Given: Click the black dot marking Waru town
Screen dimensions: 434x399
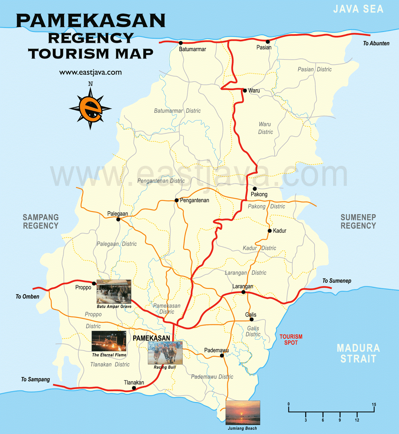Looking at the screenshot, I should pos(245,91).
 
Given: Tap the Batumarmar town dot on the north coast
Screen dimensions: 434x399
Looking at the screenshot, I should pos(181,43).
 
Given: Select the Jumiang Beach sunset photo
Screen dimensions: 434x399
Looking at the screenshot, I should pos(243,412).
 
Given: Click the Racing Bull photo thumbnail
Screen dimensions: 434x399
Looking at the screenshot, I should pos(165,353).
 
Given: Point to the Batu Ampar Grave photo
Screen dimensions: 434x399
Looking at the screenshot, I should pos(114,292).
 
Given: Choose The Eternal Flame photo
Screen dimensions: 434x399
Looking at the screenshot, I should pos(109,341).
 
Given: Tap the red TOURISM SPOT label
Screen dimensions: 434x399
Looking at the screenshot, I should pos(291,340).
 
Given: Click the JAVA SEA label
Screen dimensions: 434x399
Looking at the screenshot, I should pos(358,9).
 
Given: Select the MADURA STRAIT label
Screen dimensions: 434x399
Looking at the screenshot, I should pos(358,353).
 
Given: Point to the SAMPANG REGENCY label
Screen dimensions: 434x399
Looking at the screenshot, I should pos(41,221).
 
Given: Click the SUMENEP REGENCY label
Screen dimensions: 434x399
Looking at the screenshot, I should pos(358,221).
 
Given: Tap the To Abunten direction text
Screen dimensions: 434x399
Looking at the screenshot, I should pos(376,43).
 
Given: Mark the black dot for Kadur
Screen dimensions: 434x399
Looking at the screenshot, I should pos(270,231).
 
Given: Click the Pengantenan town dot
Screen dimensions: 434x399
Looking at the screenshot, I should pos(177,200).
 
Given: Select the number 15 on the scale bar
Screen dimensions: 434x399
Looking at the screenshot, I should pos(374,404).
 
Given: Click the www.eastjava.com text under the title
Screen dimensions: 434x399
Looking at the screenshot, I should pos(90,72).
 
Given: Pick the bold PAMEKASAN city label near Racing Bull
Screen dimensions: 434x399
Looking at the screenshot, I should pos(151,338).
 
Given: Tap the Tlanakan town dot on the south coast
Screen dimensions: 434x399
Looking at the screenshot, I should pos(134,388).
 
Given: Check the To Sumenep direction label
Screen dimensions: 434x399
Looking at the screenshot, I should pos(337,281).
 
